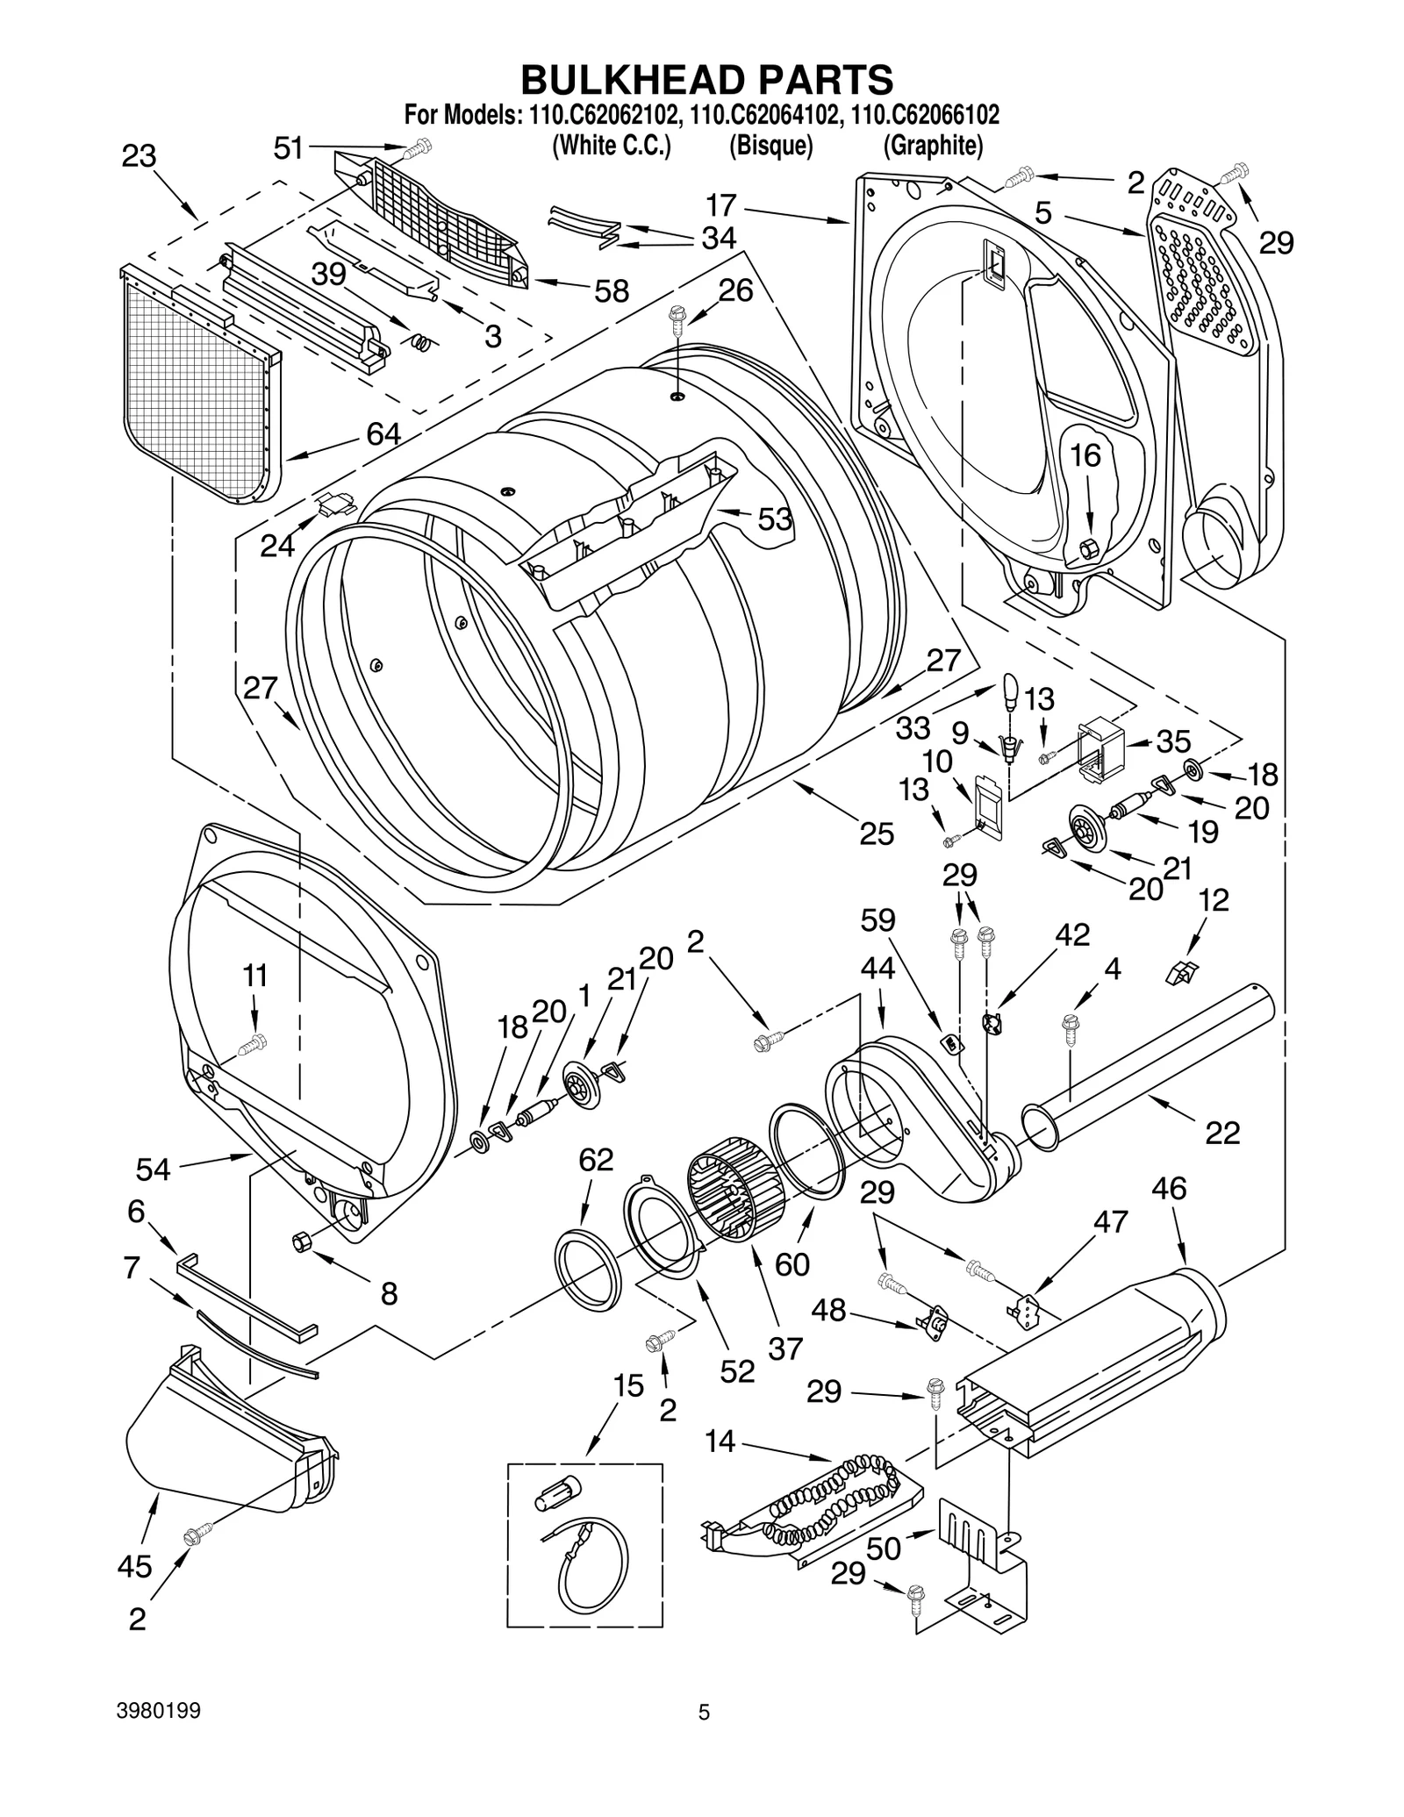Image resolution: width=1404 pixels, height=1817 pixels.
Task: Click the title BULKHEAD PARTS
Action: point(706,79)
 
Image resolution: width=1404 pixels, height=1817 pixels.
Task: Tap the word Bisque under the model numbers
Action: point(770,146)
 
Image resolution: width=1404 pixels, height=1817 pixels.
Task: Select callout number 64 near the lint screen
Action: point(383,433)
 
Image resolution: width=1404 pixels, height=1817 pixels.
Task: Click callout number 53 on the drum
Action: point(775,519)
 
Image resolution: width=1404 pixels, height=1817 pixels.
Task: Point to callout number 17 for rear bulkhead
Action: point(720,206)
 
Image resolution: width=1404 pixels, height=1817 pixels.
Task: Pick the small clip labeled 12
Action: point(1182,971)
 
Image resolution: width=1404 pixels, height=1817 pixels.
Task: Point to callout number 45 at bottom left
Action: point(134,1566)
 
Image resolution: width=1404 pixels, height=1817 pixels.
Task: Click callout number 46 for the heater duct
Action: point(1169,1188)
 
